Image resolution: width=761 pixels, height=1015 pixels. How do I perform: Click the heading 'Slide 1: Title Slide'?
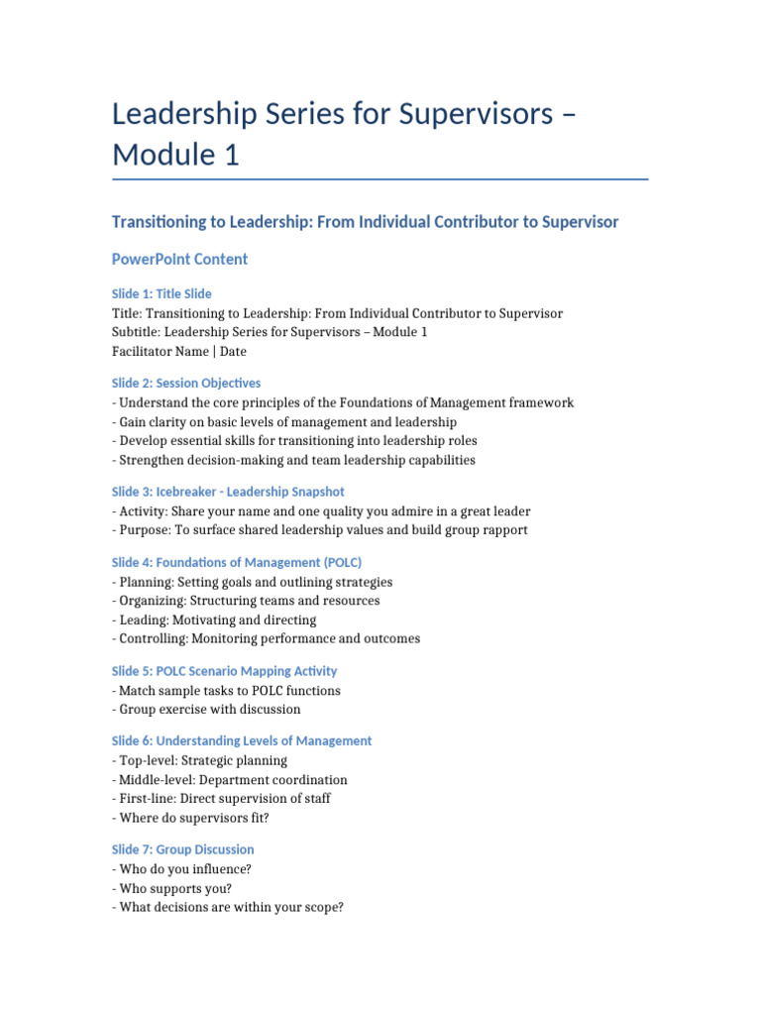coord(162,293)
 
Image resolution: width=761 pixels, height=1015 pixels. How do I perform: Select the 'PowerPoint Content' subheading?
coord(179,259)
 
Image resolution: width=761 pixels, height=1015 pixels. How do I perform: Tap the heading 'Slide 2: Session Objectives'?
coord(186,383)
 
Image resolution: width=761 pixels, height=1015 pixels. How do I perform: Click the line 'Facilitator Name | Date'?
coord(179,351)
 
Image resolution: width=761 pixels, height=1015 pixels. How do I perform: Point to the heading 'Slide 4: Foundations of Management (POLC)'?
coord(236,562)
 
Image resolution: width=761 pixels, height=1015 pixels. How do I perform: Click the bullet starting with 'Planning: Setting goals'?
coord(253,582)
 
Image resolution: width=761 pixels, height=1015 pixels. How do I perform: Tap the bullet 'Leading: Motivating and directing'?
coord(214,620)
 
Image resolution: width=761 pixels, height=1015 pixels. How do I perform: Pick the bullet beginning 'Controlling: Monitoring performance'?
coord(266,638)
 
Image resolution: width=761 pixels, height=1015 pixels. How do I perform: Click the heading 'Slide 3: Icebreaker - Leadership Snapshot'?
coord(228,492)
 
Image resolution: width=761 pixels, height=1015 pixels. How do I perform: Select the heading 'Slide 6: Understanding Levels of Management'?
coord(242,740)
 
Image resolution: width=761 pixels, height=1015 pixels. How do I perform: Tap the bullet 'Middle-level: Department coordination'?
coord(230,780)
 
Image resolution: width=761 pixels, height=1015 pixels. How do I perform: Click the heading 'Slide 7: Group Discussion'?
coord(182,849)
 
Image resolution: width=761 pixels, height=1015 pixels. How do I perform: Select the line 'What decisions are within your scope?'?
coord(228,907)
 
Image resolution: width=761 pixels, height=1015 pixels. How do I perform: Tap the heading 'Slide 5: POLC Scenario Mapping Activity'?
coord(224,671)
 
